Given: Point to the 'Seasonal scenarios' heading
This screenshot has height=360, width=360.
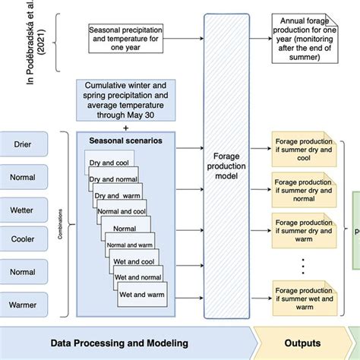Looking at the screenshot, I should (125, 141).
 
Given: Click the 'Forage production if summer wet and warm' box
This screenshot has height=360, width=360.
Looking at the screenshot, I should (303, 297).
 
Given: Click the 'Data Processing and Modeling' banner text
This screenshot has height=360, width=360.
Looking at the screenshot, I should (119, 343).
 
